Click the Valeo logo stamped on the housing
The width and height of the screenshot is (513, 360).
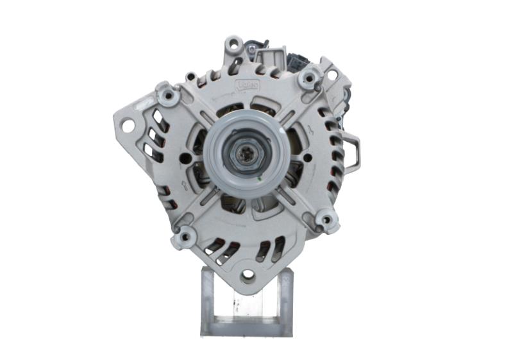[x=248, y=85]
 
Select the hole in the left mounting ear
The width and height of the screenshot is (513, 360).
[x=128, y=124]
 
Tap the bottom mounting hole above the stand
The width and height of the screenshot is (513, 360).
[x=248, y=275]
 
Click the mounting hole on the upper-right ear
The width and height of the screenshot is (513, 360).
[x=332, y=74]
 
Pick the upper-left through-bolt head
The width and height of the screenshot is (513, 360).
[x=169, y=96]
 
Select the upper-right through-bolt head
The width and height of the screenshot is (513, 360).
[x=310, y=78]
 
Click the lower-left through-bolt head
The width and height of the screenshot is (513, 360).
[x=185, y=237]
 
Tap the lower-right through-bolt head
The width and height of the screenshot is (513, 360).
[x=326, y=221]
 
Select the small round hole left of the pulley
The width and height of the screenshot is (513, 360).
[x=186, y=157]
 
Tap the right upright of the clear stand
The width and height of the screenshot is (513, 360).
[x=286, y=302]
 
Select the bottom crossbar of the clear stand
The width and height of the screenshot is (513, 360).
[x=247, y=327]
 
